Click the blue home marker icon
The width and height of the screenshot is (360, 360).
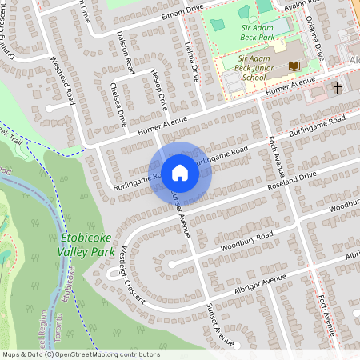(180, 172)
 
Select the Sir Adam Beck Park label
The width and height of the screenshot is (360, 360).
(262, 31)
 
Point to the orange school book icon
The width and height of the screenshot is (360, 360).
(295, 66)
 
